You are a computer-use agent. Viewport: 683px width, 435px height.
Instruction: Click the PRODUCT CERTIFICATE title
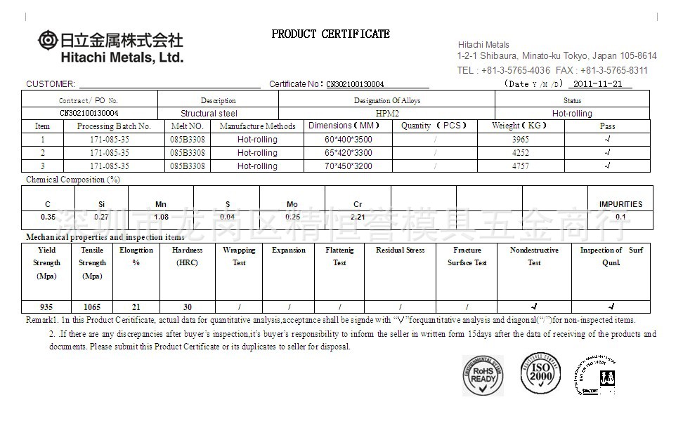[x=330, y=34]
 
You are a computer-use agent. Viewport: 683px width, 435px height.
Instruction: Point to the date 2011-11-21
[x=598, y=83]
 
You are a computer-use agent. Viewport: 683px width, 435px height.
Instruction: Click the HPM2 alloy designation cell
[x=386, y=113]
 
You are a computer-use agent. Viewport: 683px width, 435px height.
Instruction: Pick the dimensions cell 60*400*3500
[x=349, y=140]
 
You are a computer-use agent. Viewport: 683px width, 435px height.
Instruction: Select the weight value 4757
[x=521, y=166]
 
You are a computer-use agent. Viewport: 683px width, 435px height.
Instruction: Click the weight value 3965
[x=521, y=140]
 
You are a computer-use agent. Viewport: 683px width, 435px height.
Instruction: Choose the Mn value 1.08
[x=161, y=217]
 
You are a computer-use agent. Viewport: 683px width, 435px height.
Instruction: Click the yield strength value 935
[x=46, y=307]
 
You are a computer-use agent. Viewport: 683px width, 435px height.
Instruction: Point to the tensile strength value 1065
[x=92, y=307]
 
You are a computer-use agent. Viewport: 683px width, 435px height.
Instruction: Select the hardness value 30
[x=188, y=307]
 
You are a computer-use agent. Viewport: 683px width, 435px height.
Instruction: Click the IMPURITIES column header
[x=620, y=204]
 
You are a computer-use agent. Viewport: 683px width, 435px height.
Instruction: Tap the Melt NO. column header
[x=188, y=126]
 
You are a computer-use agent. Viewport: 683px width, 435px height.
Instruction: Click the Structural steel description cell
[x=209, y=113]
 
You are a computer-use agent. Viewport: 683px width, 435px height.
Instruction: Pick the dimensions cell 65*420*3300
[x=349, y=153]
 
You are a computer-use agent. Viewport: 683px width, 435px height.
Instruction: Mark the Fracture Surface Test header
[x=467, y=256]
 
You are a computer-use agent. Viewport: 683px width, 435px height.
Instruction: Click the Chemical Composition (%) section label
[x=73, y=180]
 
